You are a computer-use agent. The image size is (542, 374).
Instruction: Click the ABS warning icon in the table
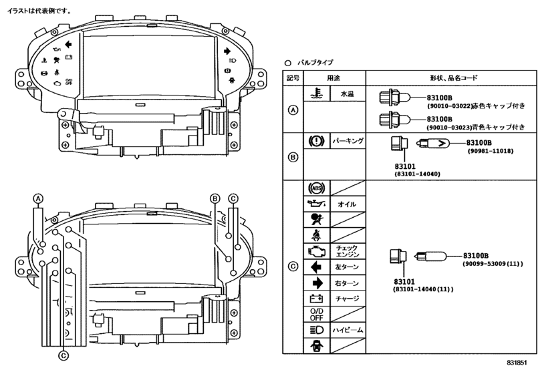click(317, 188)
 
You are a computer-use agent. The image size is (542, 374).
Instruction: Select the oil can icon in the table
click(316, 204)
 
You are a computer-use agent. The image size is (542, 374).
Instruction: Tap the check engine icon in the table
click(316, 251)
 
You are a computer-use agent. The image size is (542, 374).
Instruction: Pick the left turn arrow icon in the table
click(316, 267)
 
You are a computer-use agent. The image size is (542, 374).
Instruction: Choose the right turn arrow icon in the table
click(317, 283)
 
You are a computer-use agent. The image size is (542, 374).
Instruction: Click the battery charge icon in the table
click(316, 299)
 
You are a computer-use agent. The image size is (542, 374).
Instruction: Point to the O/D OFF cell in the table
click(317, 315)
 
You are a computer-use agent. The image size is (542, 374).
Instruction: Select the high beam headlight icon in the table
click(317, 330)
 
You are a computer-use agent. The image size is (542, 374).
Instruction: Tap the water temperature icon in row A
click(317, 94)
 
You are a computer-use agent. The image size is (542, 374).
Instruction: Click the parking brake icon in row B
click(317, 141)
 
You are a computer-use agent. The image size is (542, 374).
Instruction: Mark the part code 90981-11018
click(491, 151)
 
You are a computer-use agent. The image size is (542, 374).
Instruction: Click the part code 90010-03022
click(449, 106)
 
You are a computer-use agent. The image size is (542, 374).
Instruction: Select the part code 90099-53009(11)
click(493, 264)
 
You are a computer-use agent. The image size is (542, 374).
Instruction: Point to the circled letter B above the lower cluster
click(215, 198)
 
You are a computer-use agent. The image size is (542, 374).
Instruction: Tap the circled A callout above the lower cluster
click(38, 198)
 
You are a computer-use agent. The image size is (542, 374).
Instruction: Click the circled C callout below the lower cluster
click(63, 356)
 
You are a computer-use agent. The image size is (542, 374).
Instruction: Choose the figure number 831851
click(517, 363)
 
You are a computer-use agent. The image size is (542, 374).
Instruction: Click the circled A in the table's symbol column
click(293, 110)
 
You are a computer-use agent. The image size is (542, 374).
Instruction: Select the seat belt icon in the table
click(316, 236)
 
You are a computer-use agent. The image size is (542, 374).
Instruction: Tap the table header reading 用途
click(333, 78)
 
